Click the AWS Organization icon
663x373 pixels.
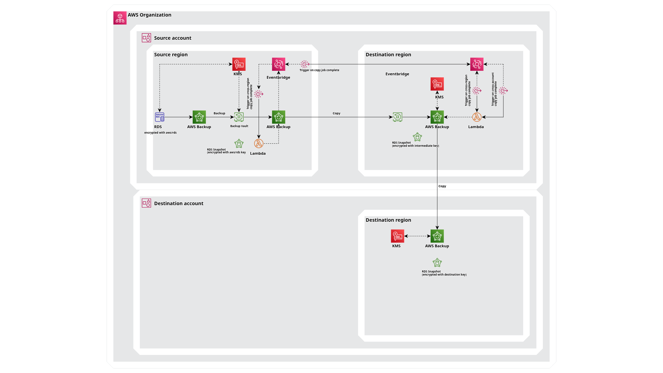point(120,18)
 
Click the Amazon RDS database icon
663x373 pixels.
point(160,117)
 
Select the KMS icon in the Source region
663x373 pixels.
point(239,64)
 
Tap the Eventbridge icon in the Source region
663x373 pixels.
point(278,64)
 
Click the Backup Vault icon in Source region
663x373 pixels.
point(239,117)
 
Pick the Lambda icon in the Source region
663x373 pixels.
point(259,143)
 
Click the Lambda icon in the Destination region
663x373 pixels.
point(477,117)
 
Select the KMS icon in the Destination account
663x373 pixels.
point(397,236)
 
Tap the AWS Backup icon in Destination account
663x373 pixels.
point(437,236)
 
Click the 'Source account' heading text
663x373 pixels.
point(173,38)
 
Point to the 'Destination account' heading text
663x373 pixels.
point(179,203)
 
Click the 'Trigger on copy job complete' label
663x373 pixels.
point(319,70)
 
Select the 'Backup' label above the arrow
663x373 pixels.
point(219,113)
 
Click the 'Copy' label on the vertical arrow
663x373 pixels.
point(442,186)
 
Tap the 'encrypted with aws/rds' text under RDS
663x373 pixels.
point(160,133)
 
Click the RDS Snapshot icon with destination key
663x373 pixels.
point(437,263)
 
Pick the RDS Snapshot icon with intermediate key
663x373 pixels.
point(417,137)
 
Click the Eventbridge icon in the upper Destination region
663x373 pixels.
point(477,64)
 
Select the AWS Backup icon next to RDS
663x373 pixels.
point(199,117)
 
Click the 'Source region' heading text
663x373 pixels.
point(171,55)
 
